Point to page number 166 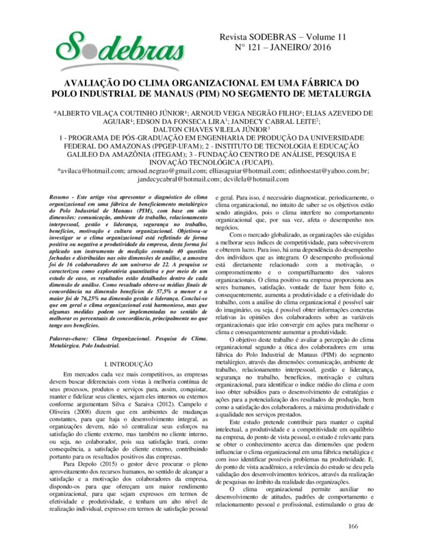coord(353,526)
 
